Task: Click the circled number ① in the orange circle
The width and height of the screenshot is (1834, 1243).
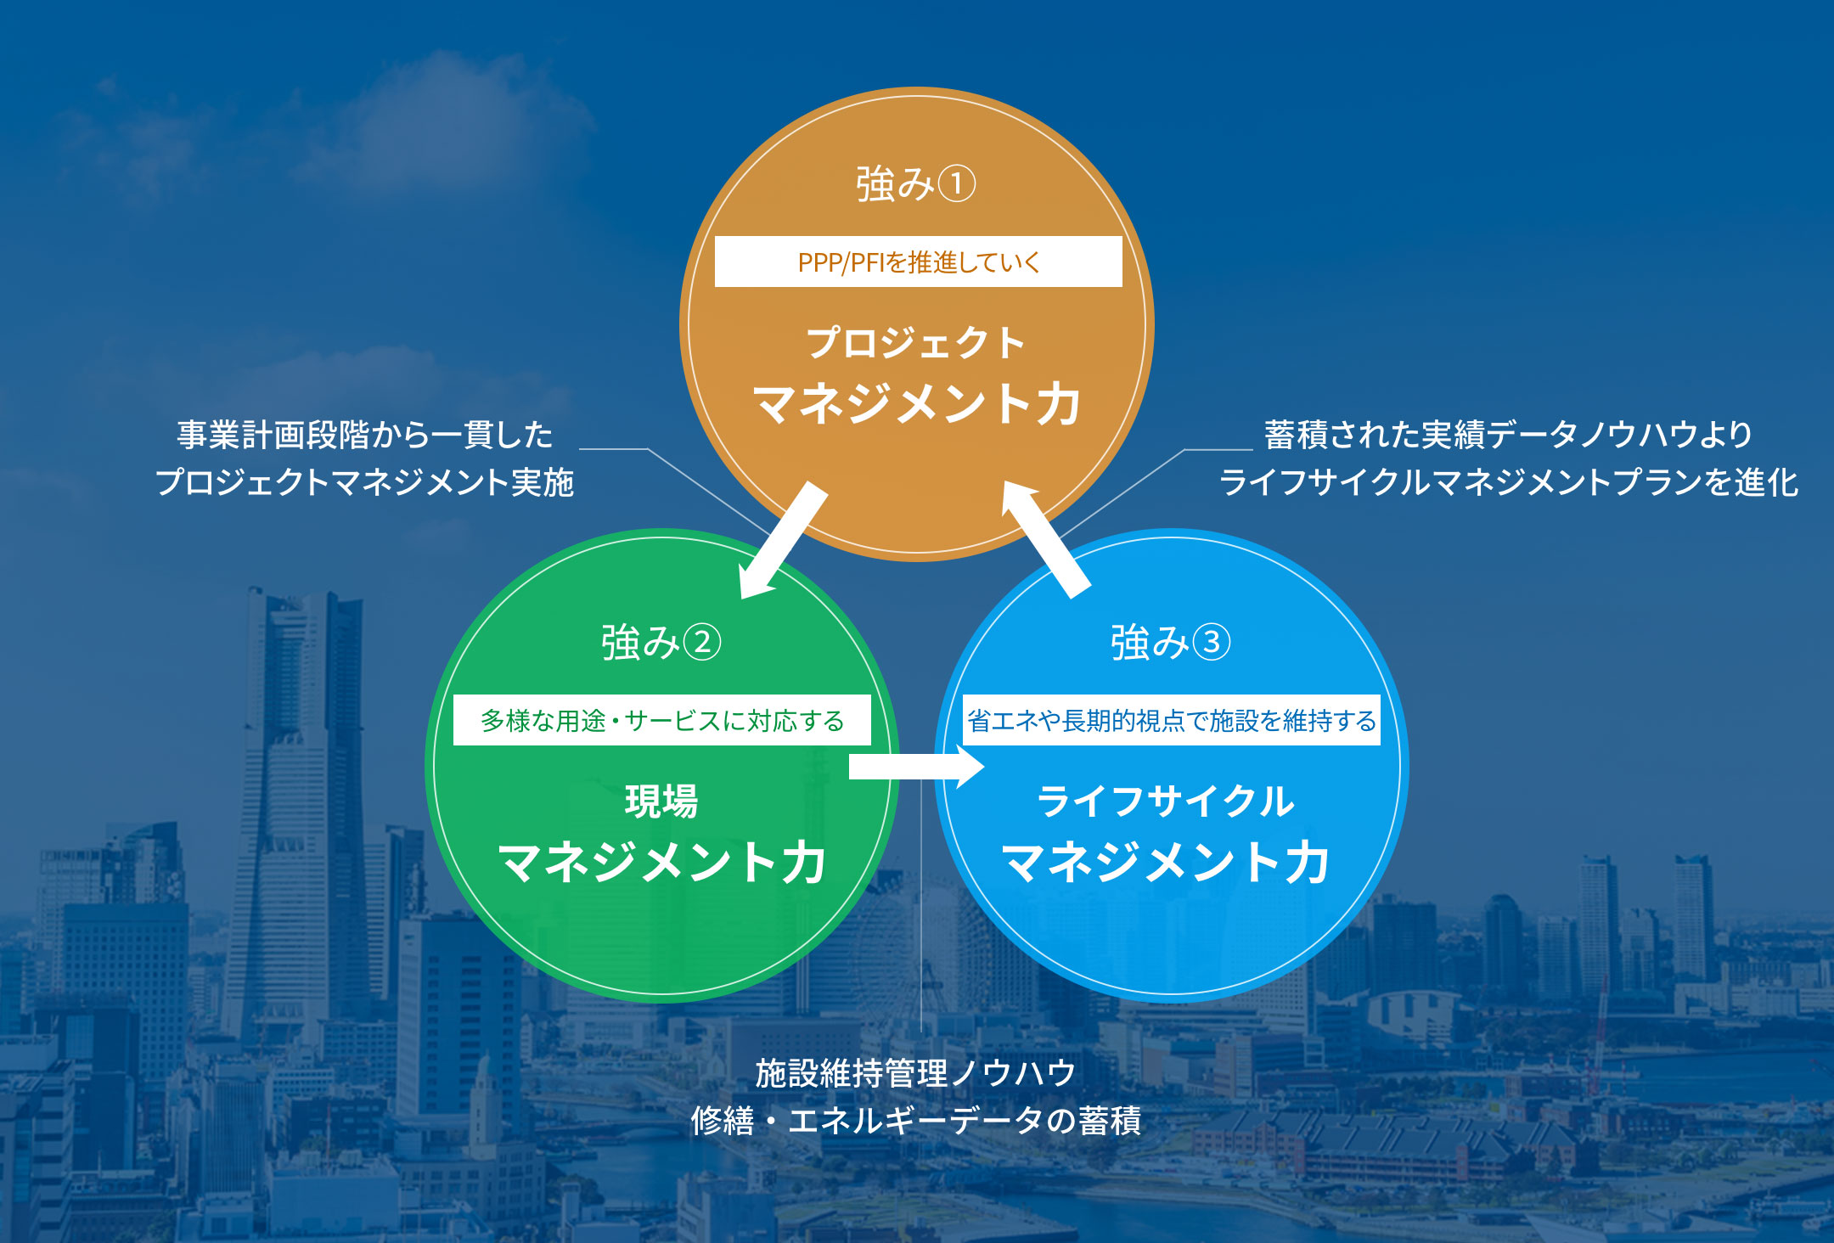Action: pos(958,183)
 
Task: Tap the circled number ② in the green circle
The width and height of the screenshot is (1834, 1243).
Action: pos(702,642)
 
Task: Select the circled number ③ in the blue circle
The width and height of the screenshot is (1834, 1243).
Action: pos(1212,642)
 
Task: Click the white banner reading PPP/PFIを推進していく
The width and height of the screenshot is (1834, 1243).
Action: pos(918,262)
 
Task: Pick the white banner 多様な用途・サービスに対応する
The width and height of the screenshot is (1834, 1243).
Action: pos(662,720)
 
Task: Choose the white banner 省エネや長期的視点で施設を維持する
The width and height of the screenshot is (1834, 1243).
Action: pos(1172,720)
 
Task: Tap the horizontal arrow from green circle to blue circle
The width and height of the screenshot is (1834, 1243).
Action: pos(917,767)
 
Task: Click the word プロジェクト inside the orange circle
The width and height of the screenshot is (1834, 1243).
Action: pos(917,342)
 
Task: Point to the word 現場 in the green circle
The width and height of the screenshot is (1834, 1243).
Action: pos(662,801)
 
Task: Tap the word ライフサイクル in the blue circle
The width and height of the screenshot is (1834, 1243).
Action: pos(1167,801)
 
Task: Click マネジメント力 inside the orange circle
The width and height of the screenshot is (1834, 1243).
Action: pos(917,403)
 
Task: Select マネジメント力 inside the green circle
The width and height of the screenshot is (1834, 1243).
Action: pos(662,863)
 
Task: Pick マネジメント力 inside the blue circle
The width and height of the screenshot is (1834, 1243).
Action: pos(1167,863)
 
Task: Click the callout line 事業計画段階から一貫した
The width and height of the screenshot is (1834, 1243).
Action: pos(365,435)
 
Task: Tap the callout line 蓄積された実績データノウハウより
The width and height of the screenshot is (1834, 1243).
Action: pos(1509,435)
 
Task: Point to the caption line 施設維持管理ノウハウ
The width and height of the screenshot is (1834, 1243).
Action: pos(916,1073)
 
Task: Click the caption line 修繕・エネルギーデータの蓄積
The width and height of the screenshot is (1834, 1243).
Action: pos(916,1121)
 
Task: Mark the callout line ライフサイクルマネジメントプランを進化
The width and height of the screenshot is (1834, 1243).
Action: pos(1509,482)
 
